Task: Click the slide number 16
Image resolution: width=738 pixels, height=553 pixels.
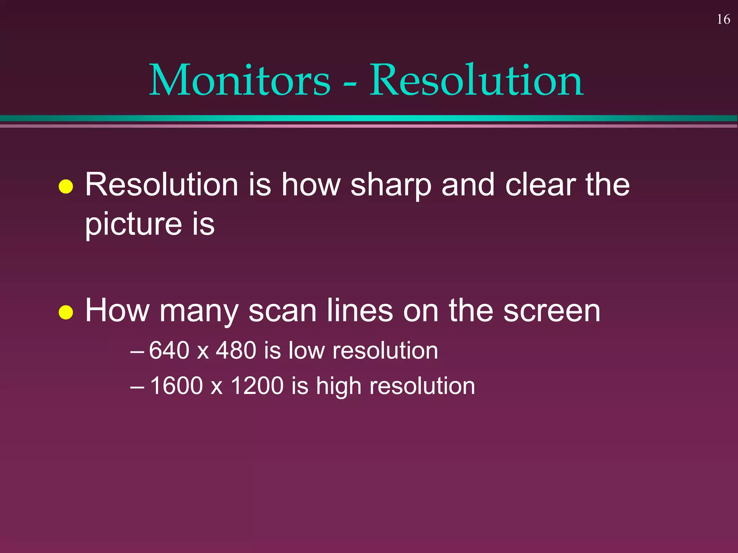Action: point(723,19)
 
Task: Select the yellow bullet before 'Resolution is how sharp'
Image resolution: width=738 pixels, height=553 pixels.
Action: point(66,186)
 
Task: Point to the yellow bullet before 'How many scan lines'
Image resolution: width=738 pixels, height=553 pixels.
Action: point(66,312)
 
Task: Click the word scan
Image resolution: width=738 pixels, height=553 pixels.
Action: point(283,311)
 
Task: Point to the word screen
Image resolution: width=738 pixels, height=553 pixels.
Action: point(552,311)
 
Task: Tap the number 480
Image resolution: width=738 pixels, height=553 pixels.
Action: point(236,350)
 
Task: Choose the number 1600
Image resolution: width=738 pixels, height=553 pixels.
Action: point(177,386)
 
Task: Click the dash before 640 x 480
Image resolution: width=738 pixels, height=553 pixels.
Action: point(137,352)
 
